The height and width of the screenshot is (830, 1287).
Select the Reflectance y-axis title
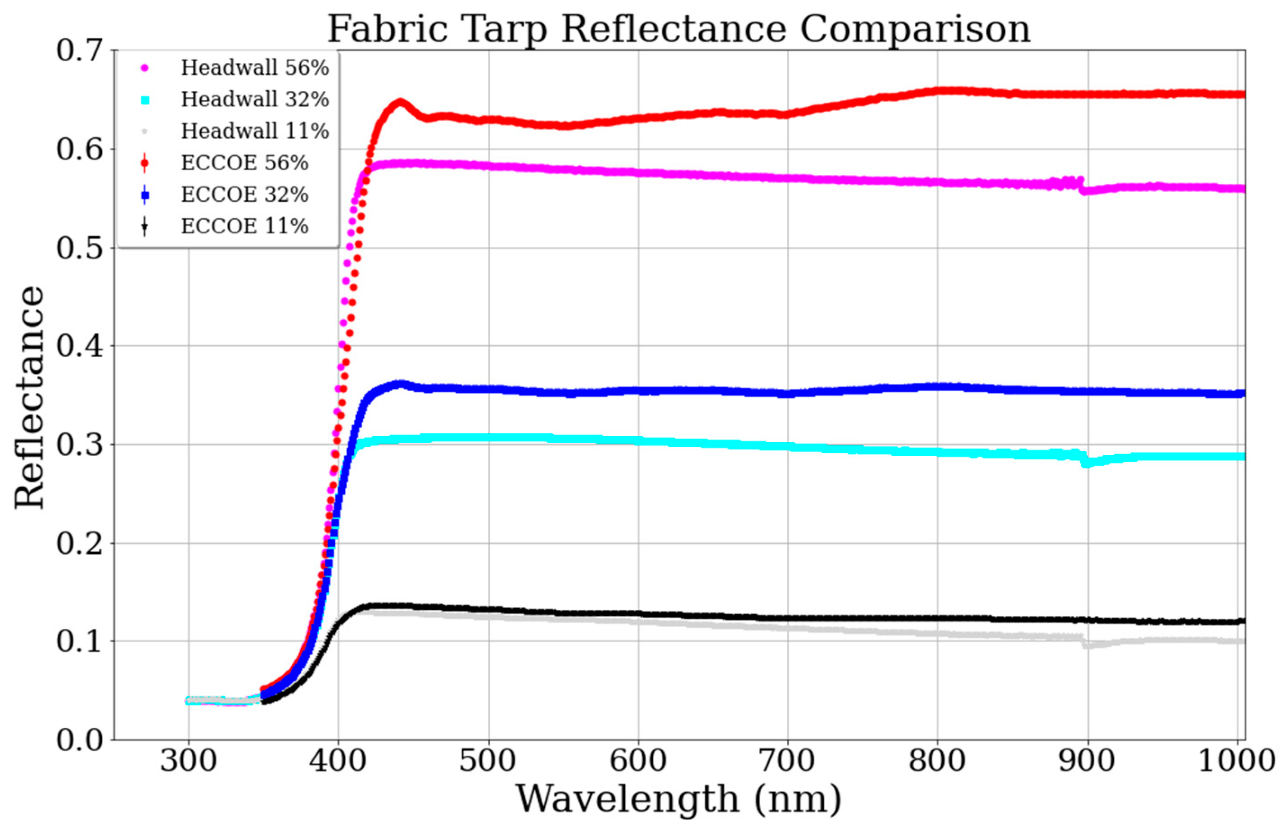coord(29,397)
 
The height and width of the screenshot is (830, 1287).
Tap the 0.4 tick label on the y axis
coord(80,345)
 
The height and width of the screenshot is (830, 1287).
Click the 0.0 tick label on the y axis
coord(80,740)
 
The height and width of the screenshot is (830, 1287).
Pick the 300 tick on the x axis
coord(189,762)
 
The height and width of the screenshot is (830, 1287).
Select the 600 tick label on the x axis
coord(638,762)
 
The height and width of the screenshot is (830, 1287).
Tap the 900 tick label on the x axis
coord(1087,762)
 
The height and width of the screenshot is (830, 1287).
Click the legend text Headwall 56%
coord(255,68)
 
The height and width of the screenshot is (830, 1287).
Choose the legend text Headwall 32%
coord(255,99)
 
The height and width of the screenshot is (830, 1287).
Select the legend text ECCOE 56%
coord(244,163)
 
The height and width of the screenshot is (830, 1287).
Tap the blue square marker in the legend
coord(145,195)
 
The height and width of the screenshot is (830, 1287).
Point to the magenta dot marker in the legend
coord(145,68)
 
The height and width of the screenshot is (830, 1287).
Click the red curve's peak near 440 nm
coord(400,102)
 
